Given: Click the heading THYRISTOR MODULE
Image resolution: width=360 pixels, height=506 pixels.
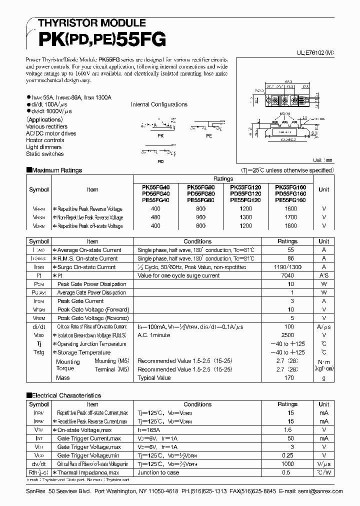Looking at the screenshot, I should [x=85, y=23].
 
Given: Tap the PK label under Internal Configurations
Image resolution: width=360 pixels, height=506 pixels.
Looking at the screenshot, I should [x=159, y=135].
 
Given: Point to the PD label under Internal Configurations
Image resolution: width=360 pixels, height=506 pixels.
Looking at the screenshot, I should [x=160, y=161].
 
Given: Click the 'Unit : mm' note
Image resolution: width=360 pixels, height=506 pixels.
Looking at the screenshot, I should [x=322, y=160].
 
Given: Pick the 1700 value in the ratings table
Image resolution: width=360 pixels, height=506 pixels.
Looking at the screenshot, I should [x=291, y=217].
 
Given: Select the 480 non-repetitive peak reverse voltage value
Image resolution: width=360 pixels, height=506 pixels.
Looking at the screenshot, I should [x=155, y=217].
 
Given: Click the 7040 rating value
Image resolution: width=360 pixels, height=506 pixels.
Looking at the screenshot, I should [x=287, y=275].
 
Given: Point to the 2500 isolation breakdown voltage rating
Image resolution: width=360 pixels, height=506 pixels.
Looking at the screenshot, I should [x=287, y=335].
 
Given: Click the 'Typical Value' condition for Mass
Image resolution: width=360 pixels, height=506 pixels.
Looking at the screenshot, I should [x=153, y=378].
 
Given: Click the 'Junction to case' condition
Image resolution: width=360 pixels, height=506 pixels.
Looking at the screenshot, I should [x=158, y=472].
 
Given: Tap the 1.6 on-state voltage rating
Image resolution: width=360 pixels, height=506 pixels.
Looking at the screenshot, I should [x=287, y=429].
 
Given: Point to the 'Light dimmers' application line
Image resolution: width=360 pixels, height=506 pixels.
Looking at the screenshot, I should [x=44, y=147].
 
